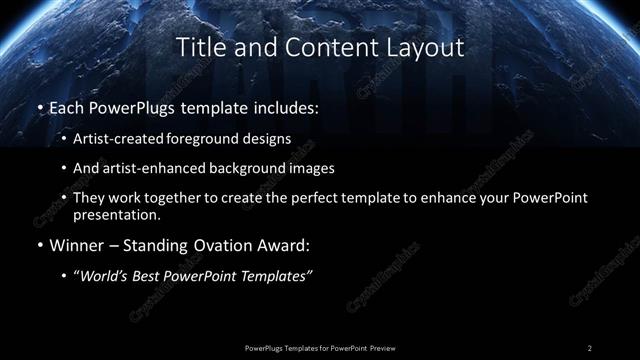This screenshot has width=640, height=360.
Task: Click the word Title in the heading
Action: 198,47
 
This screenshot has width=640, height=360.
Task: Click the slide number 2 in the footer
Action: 589,347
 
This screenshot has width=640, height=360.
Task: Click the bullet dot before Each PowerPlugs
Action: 38,106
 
